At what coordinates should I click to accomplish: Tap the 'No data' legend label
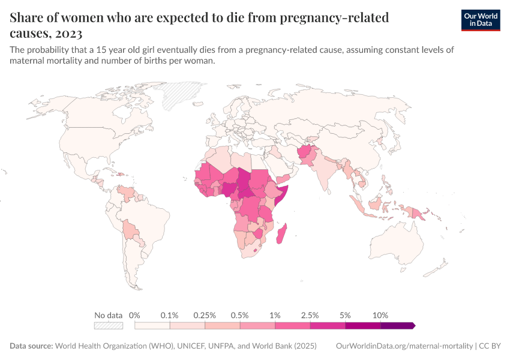[x=109, y=315]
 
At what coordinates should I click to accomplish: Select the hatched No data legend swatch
[x=109, y=326]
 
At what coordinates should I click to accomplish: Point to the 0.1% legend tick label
[x=170, y=315]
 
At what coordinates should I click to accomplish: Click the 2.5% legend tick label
[x=310, y=315]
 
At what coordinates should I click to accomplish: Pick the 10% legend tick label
[x=380, y=315]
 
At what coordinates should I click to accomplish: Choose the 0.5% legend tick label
[x=240, y=315]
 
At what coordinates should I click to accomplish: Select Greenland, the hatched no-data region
[x=183, y=93]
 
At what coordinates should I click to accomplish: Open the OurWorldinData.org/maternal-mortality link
[x=404, y=346]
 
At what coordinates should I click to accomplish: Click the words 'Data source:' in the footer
[x=31, y=346]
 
